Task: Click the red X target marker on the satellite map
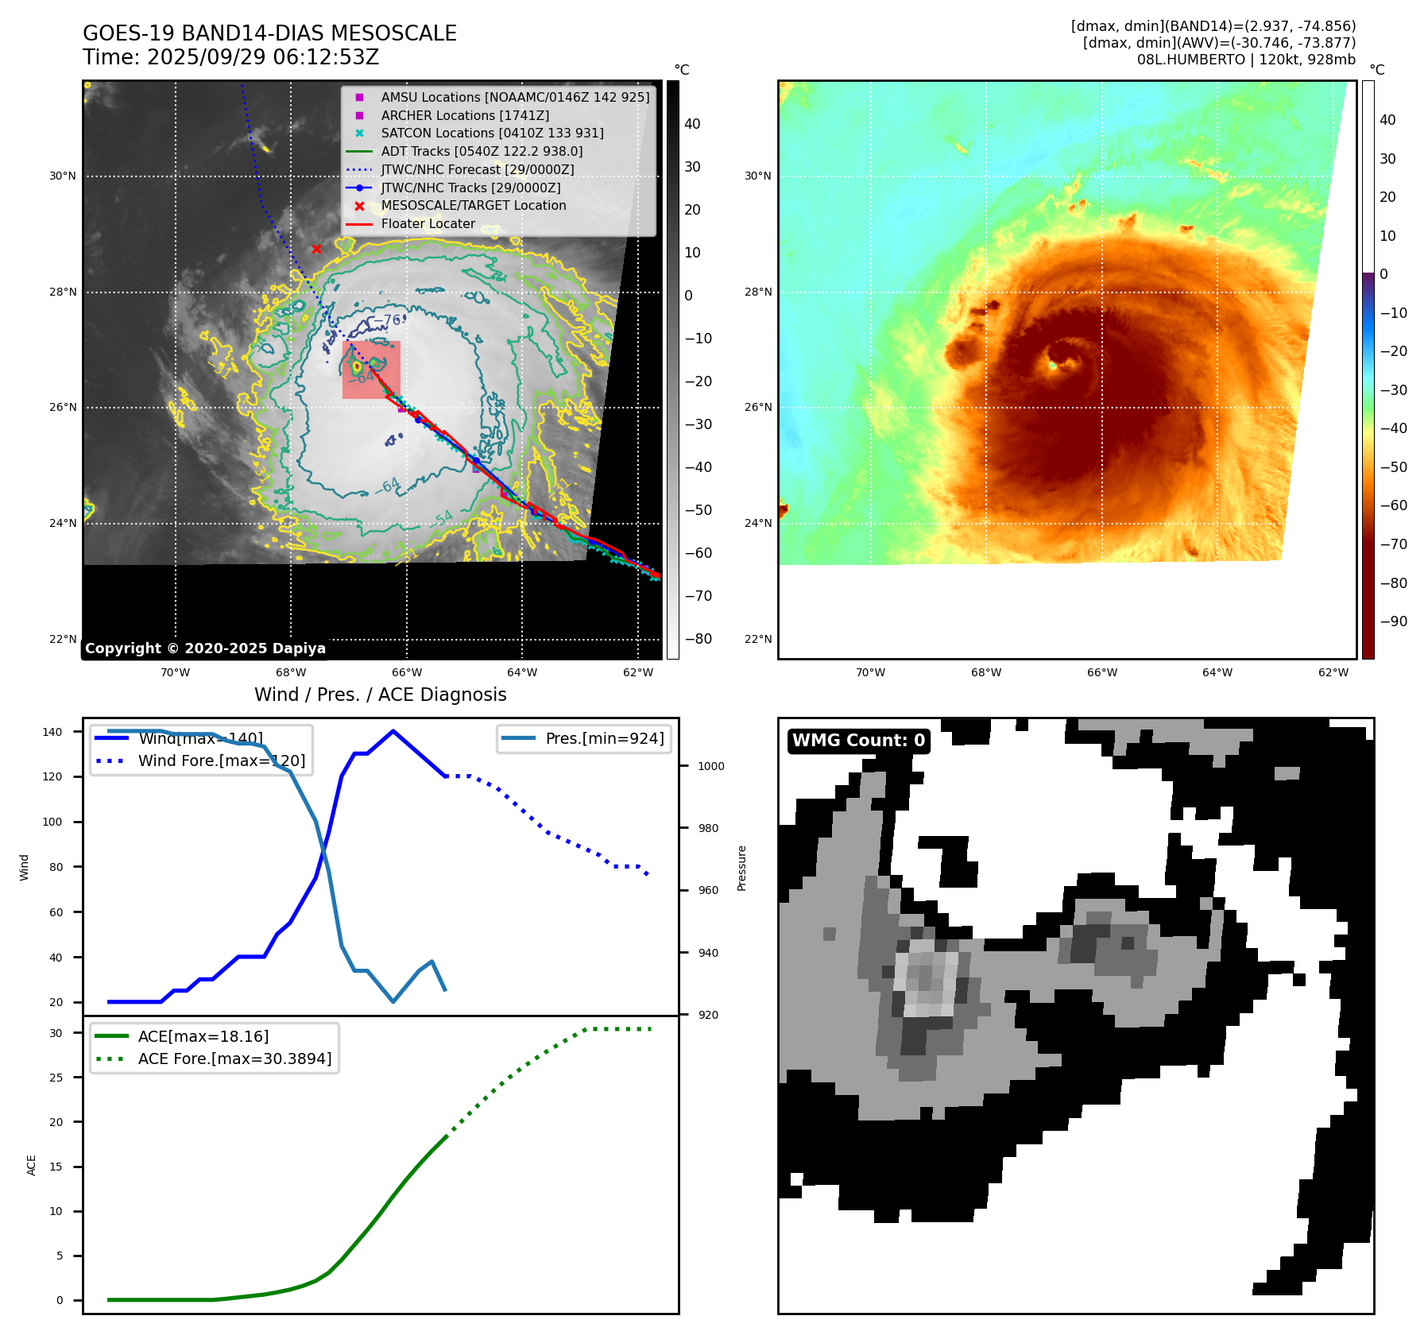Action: tap(316, 250)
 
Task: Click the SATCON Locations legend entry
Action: tap(492, 133)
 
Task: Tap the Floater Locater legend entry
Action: tap(428, 223)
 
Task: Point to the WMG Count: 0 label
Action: tap(858, 741)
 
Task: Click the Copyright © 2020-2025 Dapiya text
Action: tap(205, 648)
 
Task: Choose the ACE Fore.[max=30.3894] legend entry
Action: tap(234, 1059)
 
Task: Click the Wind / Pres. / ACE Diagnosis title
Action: tap(380, 695)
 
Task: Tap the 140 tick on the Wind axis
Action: tap(52, 732)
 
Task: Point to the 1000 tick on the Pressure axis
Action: tap(711, 766)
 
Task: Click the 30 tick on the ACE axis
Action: tap(56, 1033)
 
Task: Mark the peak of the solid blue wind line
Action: tap(393, 731)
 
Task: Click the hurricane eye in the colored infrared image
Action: tap(1053, 365)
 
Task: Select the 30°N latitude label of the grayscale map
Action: tap(63, 176)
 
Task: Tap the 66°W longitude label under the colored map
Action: tap(1101, 672)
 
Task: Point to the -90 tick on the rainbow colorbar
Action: tap(1393, 621)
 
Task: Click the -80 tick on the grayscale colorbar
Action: tap(699, 639)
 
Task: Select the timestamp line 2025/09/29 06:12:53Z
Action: tap(231, 57)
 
